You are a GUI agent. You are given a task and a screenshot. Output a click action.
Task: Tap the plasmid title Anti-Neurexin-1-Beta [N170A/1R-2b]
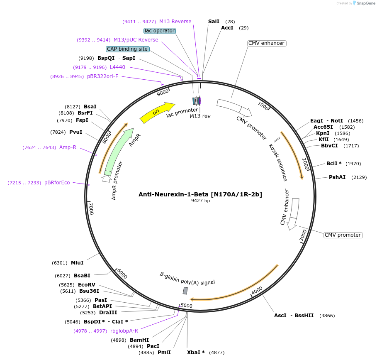[200, 194]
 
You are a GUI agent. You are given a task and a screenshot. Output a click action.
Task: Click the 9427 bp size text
[200, 201]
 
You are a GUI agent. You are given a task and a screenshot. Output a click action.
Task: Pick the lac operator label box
[160, 31]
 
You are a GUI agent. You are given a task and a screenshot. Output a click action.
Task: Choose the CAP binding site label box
[127, 49]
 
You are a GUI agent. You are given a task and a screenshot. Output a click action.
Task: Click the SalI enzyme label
[214, 21]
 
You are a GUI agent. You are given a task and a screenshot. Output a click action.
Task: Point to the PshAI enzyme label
[337, 177]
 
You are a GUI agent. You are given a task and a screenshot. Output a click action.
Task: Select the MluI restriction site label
[77, 263]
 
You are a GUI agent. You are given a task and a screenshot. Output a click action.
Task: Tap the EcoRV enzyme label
[87, 285]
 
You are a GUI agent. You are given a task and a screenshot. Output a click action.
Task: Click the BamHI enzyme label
[139, 340]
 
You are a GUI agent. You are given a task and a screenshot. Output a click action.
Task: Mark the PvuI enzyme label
[75, 132]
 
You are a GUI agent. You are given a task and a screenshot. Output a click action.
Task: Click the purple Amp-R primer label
[68, 147]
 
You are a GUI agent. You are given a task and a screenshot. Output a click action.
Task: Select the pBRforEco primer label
[57, 183]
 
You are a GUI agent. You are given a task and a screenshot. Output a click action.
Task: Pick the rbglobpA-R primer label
[124, 331]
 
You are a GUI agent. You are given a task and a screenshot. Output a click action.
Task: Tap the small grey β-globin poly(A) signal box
[185, 291]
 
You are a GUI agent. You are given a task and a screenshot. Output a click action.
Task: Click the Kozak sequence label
[278, 162]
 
